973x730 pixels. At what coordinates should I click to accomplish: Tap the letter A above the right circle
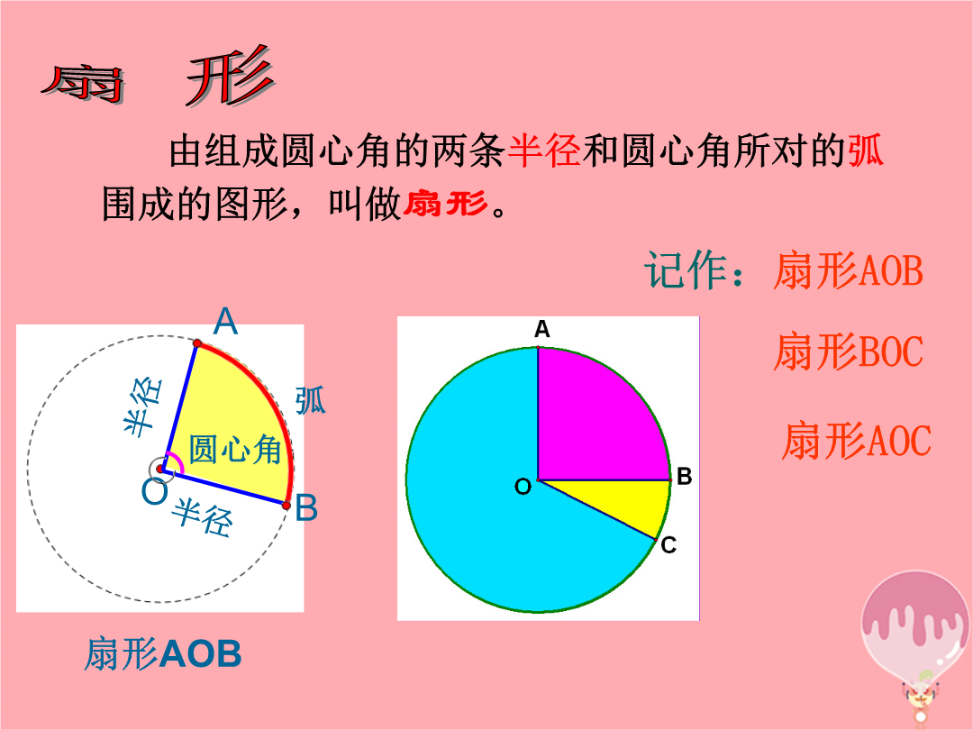(x=542, y=329)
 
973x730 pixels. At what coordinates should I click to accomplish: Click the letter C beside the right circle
(x=668, y=545)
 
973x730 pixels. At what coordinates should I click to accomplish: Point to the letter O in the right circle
(x=523, y=487)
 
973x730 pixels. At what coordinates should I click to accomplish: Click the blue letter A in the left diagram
(x=225, y=321)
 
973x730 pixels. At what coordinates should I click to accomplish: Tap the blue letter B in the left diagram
(x=306, y=507)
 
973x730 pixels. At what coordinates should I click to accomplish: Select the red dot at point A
(x=197, y=343)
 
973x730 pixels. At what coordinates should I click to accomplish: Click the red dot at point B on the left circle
(x=286, y=506)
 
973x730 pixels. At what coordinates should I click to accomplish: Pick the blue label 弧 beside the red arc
(x=310, y=400)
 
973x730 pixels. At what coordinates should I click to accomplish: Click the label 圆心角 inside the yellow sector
(x=235, y=449)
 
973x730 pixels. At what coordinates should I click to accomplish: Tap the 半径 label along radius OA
(x=143, y=406)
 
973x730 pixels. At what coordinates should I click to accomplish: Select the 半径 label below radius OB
(x=203, y=517)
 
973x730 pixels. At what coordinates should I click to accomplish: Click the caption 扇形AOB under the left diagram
(x=162, y=653)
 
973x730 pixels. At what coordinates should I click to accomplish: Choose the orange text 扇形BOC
(x=849, y=351)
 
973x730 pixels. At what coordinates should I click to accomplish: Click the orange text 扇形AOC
(x=857, y=441)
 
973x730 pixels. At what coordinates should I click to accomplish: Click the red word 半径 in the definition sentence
(x=544, y=151)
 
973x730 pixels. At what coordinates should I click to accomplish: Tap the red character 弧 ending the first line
(x=866, y=151)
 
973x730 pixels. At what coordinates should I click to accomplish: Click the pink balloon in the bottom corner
(x=916, y=627)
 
